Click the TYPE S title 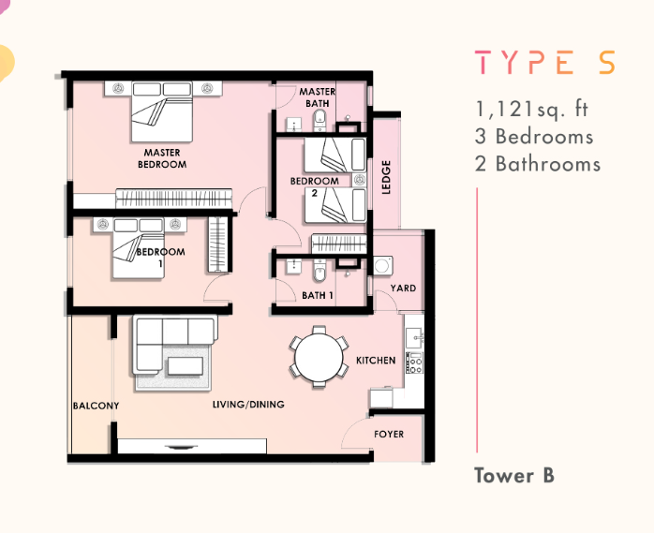tap(544, 63)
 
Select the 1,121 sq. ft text tap(532, 110)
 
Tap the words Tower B tap(514, 476)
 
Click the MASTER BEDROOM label tap(162, 158)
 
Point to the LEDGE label tap(386, 177)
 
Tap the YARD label tap(403, 289)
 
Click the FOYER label tap(389, 434)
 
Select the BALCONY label tap(96, 406)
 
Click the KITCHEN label tap(376, 361)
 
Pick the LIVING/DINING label tap(248, 404)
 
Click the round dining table tap(320, 357)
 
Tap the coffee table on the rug tap(186, 366)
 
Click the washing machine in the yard tap(383, 266)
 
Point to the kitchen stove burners tap(414, 363)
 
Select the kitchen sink tap(414, 335)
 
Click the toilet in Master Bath tap(320, 119)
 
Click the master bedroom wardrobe tap(174, 198)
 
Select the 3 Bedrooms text tap(534, 137)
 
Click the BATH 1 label tap(318, 296)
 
